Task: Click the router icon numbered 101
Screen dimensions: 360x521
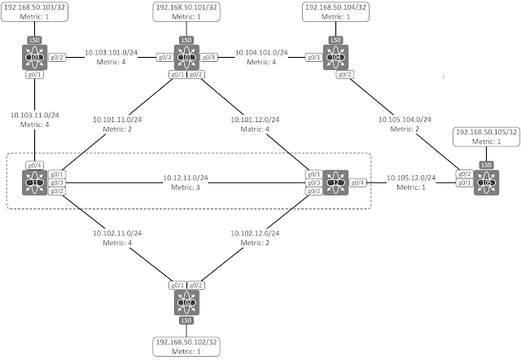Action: tap(186, 57)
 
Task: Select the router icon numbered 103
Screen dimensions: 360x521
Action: tap(34, 57)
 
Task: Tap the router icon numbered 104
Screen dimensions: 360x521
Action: tap(335, 57)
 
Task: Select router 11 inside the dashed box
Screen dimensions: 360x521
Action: tap(34, 182)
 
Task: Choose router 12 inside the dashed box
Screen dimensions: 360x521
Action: tap(335, 182)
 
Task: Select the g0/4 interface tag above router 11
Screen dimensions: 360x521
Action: tap(34, 165)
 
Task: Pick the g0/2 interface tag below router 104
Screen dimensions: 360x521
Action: tap(344, 74)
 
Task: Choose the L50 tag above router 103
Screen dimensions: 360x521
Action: tap(34, 40)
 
